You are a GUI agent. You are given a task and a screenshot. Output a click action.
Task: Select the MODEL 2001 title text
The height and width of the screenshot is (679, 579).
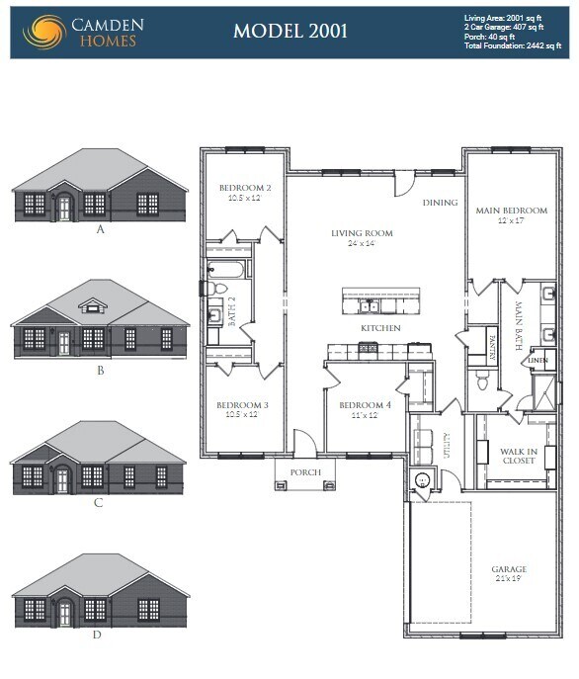pos(289,31)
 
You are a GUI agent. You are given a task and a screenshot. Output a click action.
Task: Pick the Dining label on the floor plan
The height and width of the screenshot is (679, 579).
pos(440,203)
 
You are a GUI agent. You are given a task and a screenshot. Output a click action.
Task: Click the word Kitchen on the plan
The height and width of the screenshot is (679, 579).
pos(379,327)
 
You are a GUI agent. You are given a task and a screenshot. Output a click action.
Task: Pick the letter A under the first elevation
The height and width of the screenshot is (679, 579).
pos(100,228)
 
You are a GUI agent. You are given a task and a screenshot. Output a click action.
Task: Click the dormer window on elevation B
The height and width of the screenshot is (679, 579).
pos(95,306)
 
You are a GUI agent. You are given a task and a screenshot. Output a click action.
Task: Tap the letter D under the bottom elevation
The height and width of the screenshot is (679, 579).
pos(97,635)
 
